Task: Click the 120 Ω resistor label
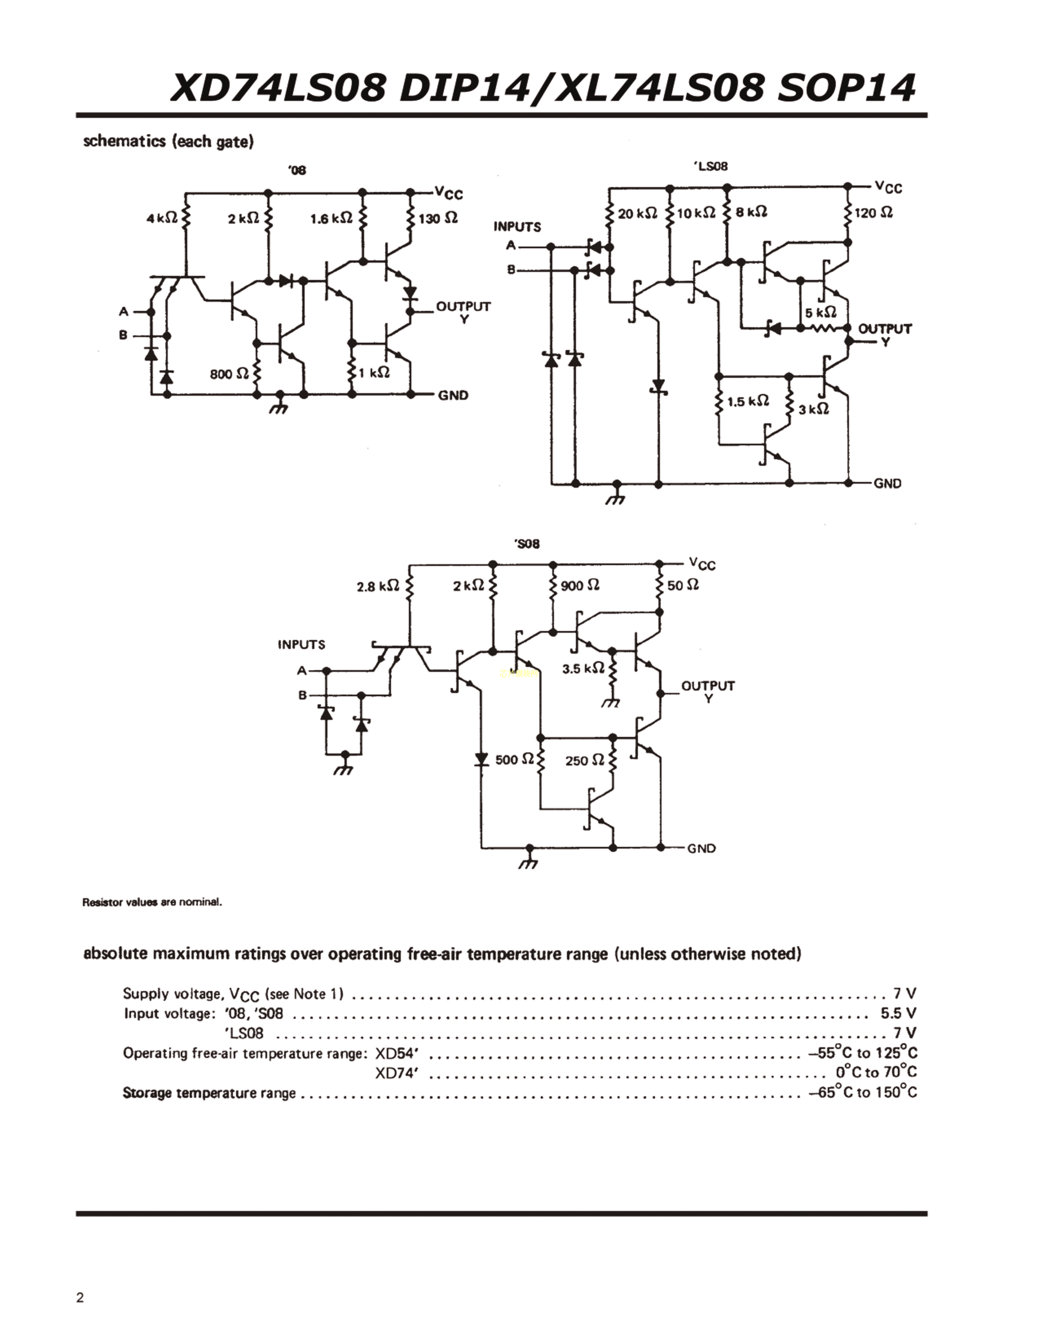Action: click(874, 213)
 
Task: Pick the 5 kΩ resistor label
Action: click(821, 313)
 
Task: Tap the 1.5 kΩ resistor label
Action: click(748, 402)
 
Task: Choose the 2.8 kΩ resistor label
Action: click(377, 586)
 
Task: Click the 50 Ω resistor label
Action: click(682, 585)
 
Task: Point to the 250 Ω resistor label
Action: click(585, 761)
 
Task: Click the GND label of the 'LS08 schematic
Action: click(887, 484)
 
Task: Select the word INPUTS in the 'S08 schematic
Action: click(301, 645)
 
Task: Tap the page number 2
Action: click(80, 1298)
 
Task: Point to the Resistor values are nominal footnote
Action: click(152, 902)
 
